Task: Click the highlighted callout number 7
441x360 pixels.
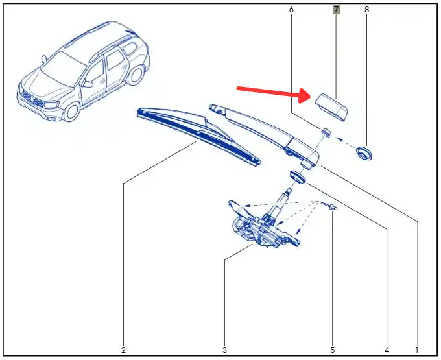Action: (336, 10)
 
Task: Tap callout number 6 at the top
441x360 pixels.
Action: (291, 10)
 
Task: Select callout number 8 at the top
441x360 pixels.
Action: (366, 10)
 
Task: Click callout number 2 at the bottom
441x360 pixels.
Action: (123, 350)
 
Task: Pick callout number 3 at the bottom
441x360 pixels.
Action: (224, 350)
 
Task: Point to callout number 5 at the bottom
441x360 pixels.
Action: (333, 350)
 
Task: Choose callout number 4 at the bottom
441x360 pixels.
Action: (387, 350)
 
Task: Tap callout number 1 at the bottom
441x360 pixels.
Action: (417, 350)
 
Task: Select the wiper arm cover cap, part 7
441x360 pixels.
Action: (331, 108)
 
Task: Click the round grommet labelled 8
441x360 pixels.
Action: (364, 153)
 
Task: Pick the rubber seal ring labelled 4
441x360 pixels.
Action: (296, 176)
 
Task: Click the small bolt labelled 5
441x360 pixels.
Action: (330, 206)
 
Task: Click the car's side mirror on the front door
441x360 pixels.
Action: (88, 84)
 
